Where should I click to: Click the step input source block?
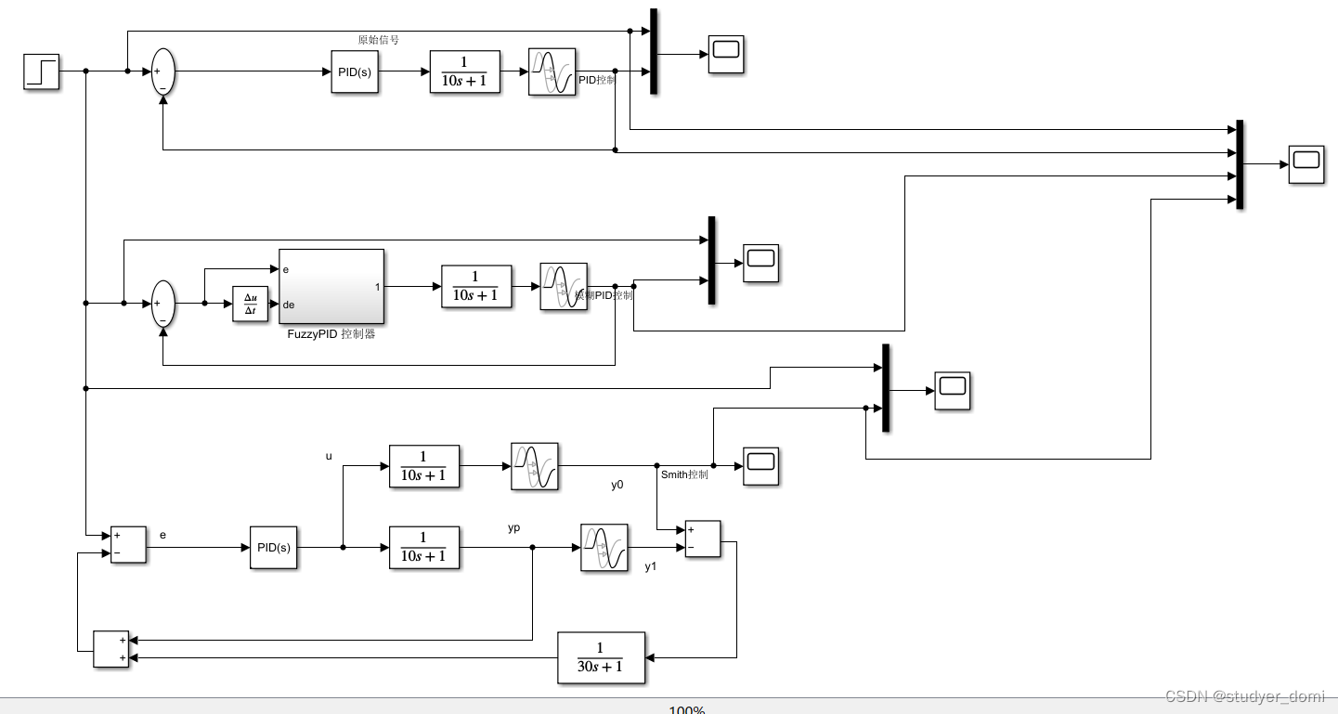tap(41, 71)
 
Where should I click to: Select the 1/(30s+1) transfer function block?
tap(601, 657)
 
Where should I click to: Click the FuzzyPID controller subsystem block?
tap(331, 286)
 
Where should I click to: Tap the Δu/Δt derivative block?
tap(250, 304)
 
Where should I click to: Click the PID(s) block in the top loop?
tap(355, 71)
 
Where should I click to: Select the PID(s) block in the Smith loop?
tap(273, 547)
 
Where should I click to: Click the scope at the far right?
tap(1306, 164)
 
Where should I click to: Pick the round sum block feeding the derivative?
tap(162, 304)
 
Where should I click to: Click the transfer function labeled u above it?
tap(424, 466)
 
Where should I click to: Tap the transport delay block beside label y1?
tap(604, 547)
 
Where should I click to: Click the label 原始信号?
tap(378, 40)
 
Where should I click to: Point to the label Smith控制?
tap(684, 474)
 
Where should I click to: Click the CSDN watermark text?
tap(1244, 696)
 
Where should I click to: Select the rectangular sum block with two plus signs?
tap(111, 649)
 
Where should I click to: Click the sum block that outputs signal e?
tap(128, 544)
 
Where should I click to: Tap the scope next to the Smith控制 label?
tap(761, 466)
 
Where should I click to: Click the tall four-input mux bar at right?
tap(1240, 164)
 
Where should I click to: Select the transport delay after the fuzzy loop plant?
tap(564, 286)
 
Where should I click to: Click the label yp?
tap(513, 527)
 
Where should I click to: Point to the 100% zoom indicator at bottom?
tap(686, 709)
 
